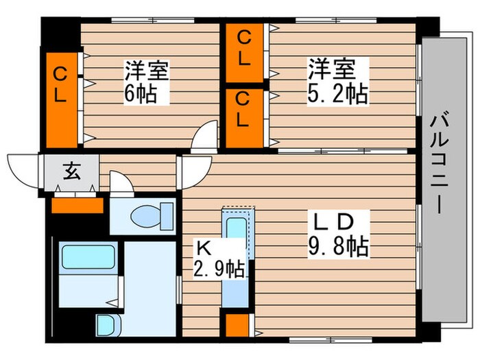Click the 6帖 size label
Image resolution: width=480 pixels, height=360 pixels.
[146, 93]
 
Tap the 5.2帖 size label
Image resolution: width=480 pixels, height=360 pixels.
[337, 93]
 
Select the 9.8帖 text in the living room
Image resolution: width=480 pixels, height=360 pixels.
[337, 245]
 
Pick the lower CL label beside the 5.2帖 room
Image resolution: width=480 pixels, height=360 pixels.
[243, 110]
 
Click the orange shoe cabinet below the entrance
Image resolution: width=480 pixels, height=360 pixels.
[77, 204]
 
